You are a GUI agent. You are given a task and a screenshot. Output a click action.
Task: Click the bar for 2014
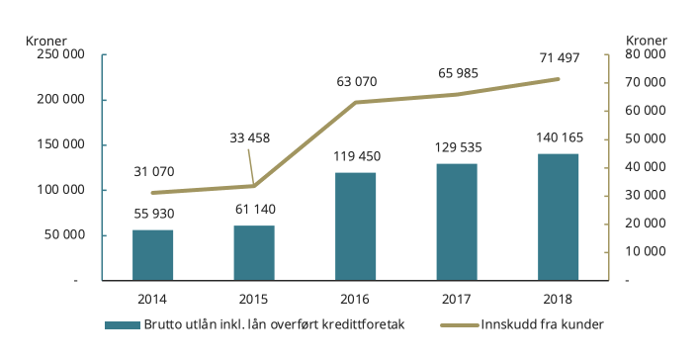[x=152, y=255]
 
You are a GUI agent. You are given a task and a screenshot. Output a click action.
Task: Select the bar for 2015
[x=254, y=253]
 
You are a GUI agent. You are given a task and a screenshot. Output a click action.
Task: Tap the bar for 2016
[x=356, y=226]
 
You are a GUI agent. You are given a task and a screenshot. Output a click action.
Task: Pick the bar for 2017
[x=457, y=222]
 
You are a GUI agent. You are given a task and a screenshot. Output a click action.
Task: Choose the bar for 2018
[x=559, y=217]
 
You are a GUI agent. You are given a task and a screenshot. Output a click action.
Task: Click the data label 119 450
[x=356, y=156]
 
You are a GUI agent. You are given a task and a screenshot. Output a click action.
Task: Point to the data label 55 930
[x=152, y=214]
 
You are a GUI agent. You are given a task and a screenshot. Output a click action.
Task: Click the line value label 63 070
[x=356, y=80]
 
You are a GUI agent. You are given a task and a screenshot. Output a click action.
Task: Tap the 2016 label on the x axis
[x=356, y=298]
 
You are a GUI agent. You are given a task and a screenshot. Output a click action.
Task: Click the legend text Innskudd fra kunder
[x=543, y=324]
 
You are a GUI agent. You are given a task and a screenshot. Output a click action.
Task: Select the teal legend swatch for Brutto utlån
[x=123, y=324]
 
